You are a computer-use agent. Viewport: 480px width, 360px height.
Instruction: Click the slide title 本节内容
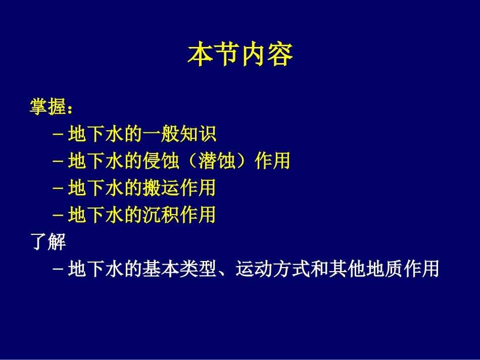[x=240, y=55]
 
